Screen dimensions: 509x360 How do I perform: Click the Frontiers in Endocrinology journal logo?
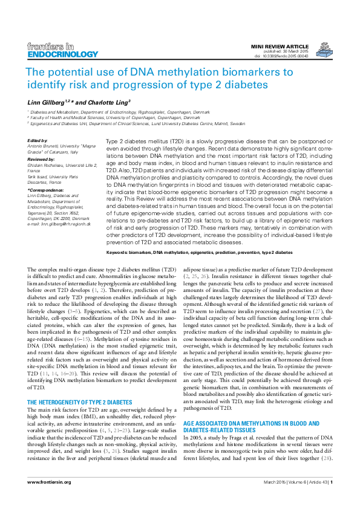(51, 50)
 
